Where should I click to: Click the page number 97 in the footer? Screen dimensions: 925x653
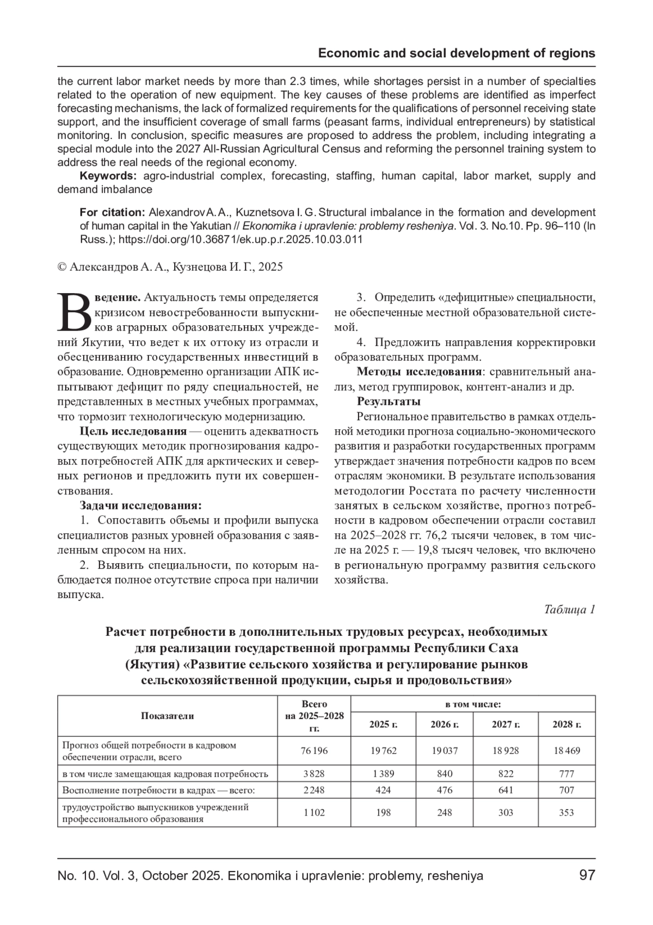pyautogui.click(x=587, y=875)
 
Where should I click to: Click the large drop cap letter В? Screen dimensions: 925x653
pyautogui.click(x=75, y=313)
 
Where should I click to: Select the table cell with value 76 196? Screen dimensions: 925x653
pyautogui.click(x=314, y=750)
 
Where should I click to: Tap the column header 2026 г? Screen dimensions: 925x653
pyautogui.click(x=445, y=724)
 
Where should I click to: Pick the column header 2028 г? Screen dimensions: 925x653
pyautogui.click(x=566, y=724)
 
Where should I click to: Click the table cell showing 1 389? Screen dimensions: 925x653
pyautogui.click(x=383, y=773)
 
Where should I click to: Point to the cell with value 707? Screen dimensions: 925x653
pyautogui.click(x=566, y=789)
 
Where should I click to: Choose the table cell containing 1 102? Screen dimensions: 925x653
pyautogui.click(x=314, y=812)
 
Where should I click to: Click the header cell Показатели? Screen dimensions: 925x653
pyautogui.click(x=167, y=716)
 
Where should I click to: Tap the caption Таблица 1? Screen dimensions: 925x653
pyautogui.click(x=569, y=609)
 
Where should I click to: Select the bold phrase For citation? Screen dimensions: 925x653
pyautogui.click(x=112, y=212)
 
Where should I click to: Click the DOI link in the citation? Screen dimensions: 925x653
pyautogui.click(x=241, y=239)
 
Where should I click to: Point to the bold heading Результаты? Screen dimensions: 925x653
pyautogui.click(x=389, y=401)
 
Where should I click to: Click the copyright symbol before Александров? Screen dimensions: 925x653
pyautogui.click(x=61, y=267)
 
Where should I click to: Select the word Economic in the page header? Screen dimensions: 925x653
pyautogui.click(x=346, y=53)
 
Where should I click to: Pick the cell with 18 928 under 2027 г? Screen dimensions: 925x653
pyautogui.click(x=506, y=750)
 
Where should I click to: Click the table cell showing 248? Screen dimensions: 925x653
pyautogui.click(x=445, y=812)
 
